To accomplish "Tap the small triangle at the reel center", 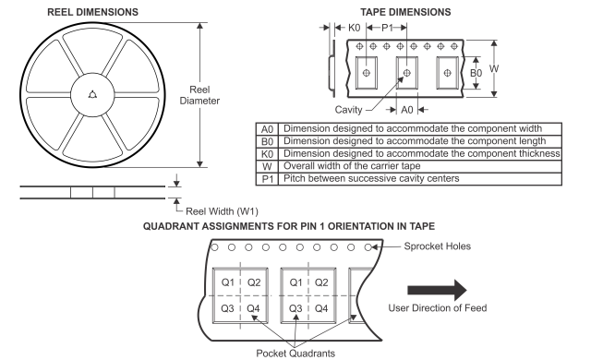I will coord(91,93).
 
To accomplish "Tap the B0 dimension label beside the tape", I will coord(476,72).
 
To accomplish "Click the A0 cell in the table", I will coord(268,128).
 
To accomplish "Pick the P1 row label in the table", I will coord(268,178).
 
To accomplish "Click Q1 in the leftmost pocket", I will coord(225,282).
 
